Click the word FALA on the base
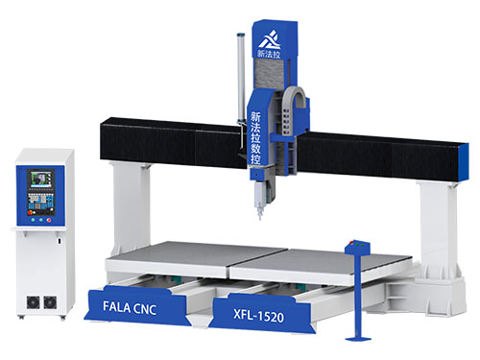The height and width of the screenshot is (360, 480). click(x=117, y=306)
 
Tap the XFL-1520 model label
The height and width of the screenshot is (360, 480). click(x=258, y=316)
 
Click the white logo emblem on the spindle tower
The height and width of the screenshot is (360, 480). click(x=270, y=39)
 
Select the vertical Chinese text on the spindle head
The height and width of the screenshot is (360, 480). click(x=255, y=138)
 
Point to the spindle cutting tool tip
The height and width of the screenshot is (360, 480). click(x=259, y=219)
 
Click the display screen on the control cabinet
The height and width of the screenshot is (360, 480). click(x=41, y=180)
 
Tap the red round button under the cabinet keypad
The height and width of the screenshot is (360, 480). click(x=49, y=220)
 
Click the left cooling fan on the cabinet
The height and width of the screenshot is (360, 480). click(x=33, y=302)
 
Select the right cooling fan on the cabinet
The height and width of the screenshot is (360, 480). click(x=50, y=302)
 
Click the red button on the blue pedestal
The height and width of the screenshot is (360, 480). click(x=351, y=243)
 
